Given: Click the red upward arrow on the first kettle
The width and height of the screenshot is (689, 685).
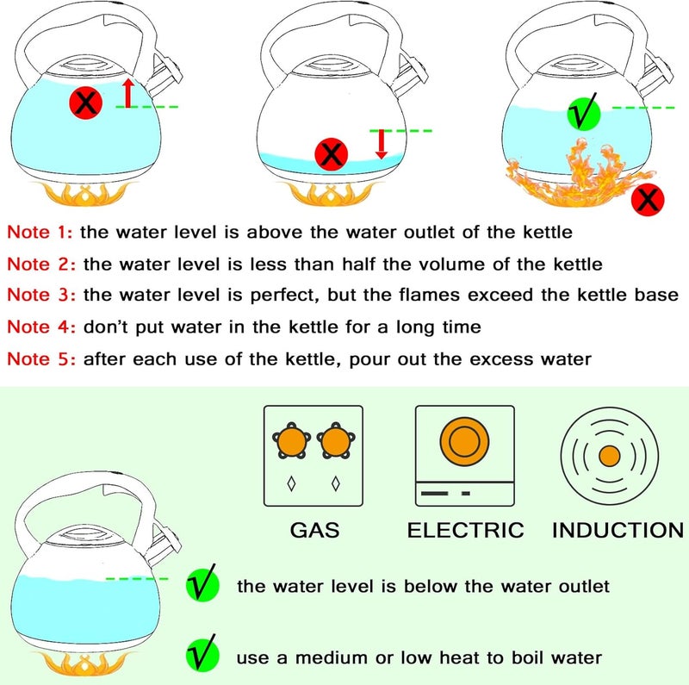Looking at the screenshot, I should click(x=127, y=92).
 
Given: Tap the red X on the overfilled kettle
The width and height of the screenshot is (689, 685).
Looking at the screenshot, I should click(x=85, y=105).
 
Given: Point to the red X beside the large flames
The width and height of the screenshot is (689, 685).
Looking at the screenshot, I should click(x=648, y=201).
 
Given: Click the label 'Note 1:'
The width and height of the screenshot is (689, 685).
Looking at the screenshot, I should click(x=41, y=232).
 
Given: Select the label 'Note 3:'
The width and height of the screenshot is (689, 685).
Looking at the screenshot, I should click(x=41, y=296).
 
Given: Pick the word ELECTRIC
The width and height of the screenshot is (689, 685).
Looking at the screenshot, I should click(x=466, y=529).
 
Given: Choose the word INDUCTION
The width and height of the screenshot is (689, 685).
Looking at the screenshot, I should click(x=618, y=529).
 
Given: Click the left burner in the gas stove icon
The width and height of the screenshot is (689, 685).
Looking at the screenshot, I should click(x=292, y=443).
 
